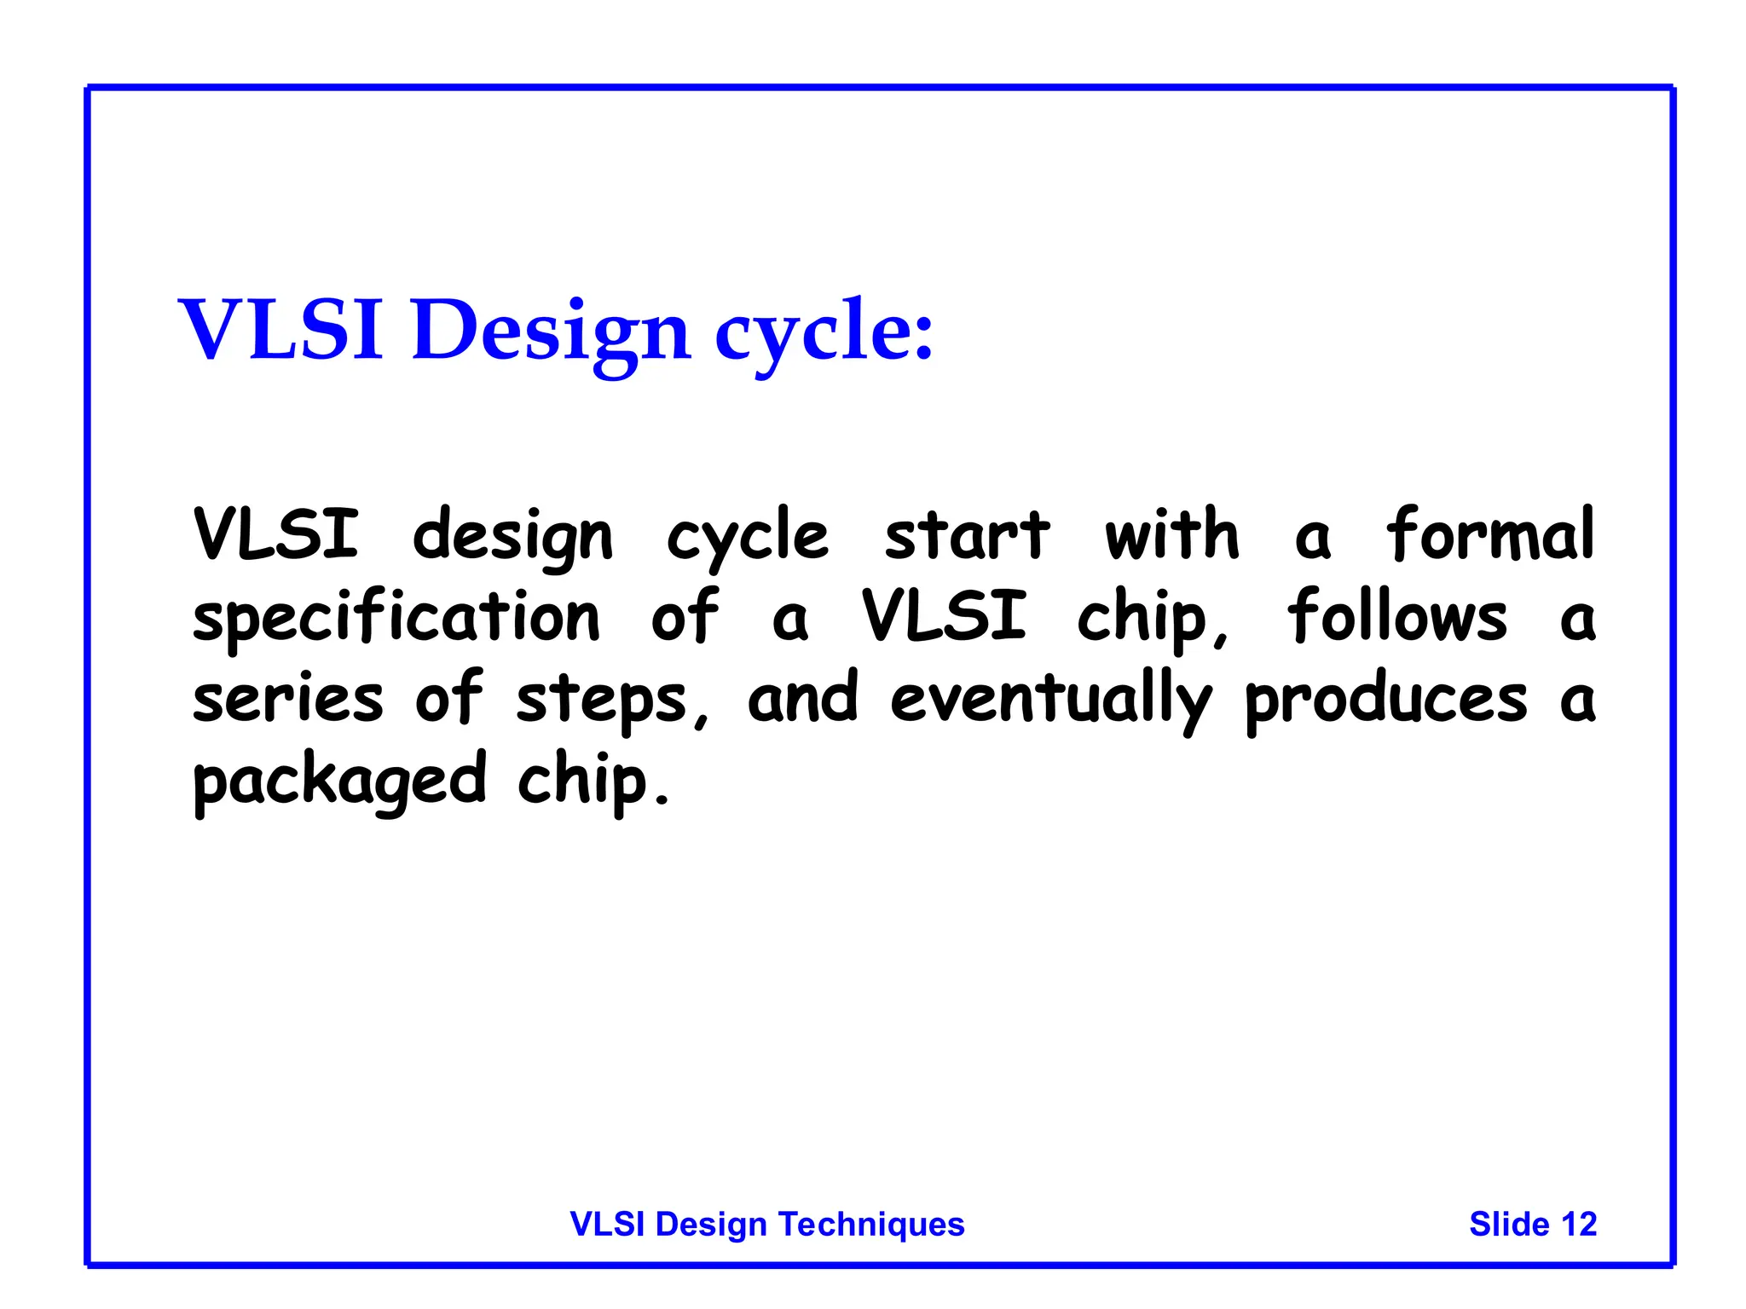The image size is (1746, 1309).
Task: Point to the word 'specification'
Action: coord(396,617)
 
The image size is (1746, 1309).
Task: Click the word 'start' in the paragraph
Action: coord(967,535)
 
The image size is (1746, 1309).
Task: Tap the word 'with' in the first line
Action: coord(1171,534)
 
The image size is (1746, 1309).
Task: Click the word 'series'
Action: coord(287,699)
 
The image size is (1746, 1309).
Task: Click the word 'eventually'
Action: coord(1049,699)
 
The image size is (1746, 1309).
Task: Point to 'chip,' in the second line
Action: coord(1153,617)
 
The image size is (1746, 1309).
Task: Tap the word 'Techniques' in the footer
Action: coord(871,1225)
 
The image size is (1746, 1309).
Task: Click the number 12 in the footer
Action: coord(1578,1225)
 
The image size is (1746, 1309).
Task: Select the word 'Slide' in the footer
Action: coord(1509,1225)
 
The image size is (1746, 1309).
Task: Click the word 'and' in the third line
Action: coord(802,699)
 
